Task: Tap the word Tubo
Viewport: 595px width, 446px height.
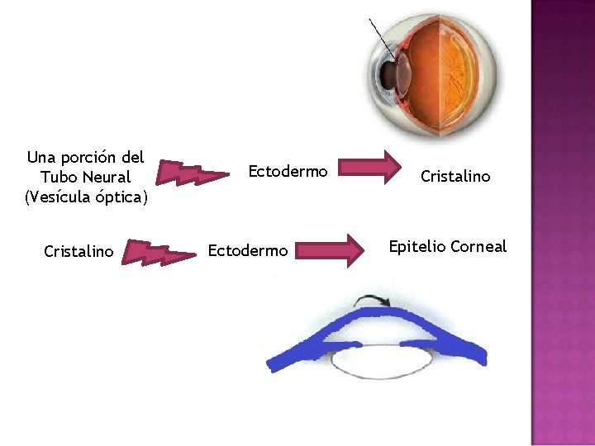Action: [58, 178]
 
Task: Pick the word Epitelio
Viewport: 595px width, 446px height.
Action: [418, 247]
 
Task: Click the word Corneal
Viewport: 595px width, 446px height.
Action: [478, 247]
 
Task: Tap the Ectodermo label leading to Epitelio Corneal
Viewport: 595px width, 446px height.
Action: [248, 250]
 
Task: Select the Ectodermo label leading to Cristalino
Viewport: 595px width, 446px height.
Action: [288, 172]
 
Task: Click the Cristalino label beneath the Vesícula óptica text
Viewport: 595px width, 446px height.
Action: [79, 251]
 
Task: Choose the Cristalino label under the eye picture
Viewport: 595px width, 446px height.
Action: [455, 176]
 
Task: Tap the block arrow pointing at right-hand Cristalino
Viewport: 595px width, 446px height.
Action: [368, 166]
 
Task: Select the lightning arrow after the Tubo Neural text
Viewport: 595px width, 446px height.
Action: [193, 173]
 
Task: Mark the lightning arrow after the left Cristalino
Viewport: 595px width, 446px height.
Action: [157, 254]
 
